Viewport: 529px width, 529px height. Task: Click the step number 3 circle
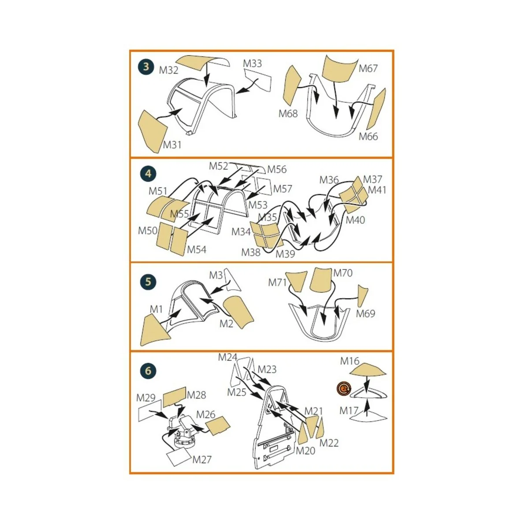tap(146, 67)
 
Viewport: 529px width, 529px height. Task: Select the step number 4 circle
tap(148, 174)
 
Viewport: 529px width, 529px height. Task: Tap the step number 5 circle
tap(148, 282)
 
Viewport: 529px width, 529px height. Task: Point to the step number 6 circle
tap(148, 371)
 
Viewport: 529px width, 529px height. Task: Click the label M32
tap(168, 70)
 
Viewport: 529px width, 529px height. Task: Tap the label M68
tap(288, 114)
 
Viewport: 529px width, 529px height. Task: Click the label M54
tap(197, 250)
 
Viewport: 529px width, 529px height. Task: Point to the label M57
tap(283, 189)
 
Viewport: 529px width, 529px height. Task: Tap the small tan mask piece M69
tap(362, 295)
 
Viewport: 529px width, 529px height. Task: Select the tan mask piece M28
tap(174, 397)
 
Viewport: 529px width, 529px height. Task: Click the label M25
tap(237, 392)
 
